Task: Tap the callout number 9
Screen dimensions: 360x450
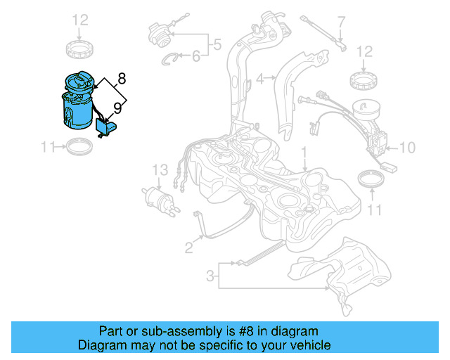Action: click(x=117, y=108)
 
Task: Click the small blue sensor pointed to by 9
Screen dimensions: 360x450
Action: click(x=105, y=127)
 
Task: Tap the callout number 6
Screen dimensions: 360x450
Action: click(x=196, y=57)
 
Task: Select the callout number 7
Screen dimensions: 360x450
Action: click(x=341, y=22)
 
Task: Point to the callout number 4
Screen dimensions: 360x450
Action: click(x=259, y=79)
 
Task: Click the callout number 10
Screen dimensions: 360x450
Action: click(x=409, y=148)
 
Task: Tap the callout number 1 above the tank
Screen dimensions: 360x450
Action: click(x=304, y=151)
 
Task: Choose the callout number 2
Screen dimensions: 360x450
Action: click(x=188, y=247)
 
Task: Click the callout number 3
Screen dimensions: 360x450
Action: click(x=210, y=276)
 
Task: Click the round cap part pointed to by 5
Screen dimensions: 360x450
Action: click(x=160, y=33)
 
